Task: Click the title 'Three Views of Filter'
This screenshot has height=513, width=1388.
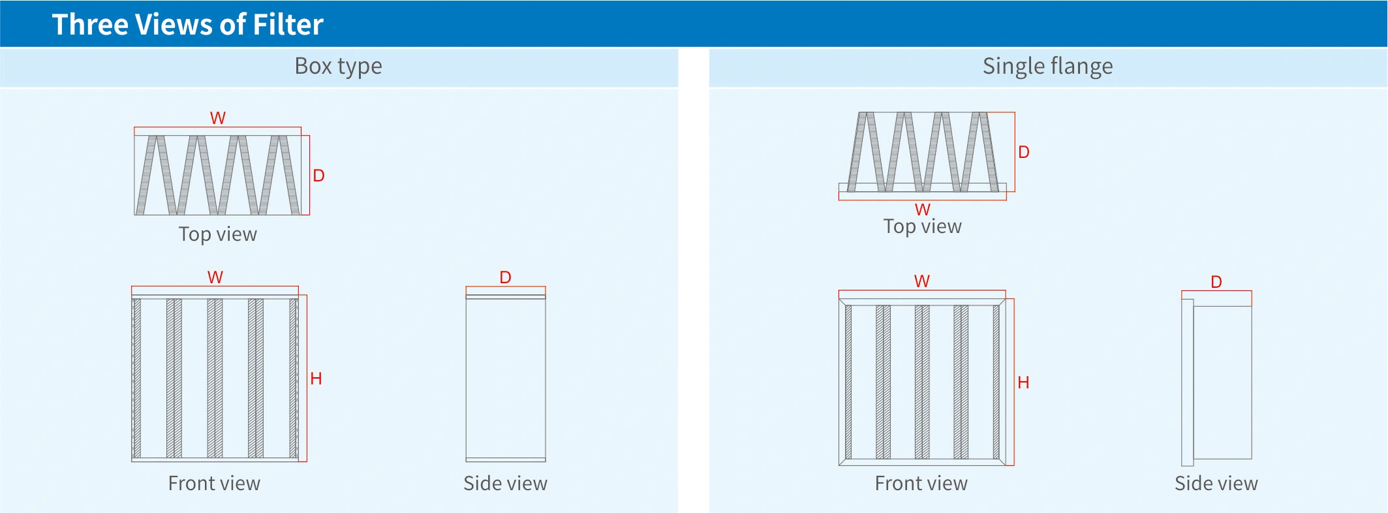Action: tap(187, 25)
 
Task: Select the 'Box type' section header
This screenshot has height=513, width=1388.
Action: tap(338, 67)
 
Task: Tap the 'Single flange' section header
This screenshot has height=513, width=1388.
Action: tap(1047, 67)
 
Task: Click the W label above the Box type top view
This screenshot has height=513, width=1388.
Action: tap(217, 118)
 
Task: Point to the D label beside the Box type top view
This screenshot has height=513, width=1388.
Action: tap(318, 176)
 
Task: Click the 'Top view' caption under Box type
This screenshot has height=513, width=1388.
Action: tap(217, 234)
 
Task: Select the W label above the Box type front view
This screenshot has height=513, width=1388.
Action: tap(215, 277)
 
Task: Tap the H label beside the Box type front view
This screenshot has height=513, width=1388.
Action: tap(316, 379)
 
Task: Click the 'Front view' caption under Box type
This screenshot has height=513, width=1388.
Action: tap(214, 484)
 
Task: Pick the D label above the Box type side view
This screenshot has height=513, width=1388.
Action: tap(505, 277)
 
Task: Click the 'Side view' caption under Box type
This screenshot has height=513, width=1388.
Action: tap(505, 484)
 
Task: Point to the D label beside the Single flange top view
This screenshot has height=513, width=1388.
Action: tap(1024, 152)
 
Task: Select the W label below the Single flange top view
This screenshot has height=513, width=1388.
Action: tap(922, 210)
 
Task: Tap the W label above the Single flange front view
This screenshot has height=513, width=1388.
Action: tap(921, 281)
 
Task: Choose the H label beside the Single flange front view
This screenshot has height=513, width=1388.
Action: tap(1023, 383)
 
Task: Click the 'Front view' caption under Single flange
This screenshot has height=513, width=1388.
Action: tap(921, 484)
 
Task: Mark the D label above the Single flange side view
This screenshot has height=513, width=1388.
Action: tap(1216, 282)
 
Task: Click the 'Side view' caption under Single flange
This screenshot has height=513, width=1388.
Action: tap(1216, 484)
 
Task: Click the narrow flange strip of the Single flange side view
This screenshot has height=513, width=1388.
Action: tap(1188, 382)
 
